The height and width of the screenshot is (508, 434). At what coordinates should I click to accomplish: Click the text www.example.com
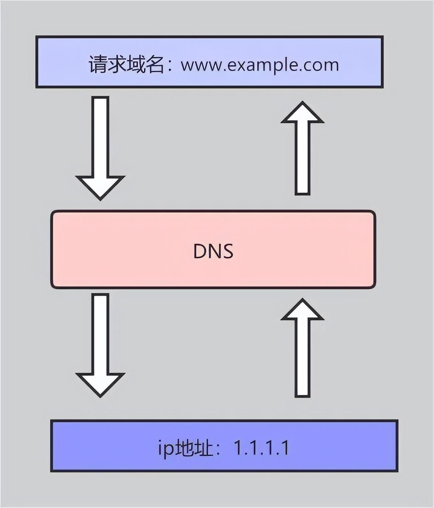click(x=259, y=65)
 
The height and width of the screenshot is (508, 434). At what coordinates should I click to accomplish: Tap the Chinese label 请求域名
click(x=126, y=64)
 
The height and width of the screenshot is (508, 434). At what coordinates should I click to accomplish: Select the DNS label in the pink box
click(x=213, y=251)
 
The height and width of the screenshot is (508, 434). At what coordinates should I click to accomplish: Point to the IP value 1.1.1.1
click(x=261, y=448)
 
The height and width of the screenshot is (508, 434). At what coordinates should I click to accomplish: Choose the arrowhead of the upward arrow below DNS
click(x=302, y=310)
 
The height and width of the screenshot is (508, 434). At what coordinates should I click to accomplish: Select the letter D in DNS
click(x=200, y=251)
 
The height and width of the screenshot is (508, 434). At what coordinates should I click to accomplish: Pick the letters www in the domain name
click(x=201, y=65)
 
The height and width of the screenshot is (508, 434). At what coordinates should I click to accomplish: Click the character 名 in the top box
click(x=154, y=64)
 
